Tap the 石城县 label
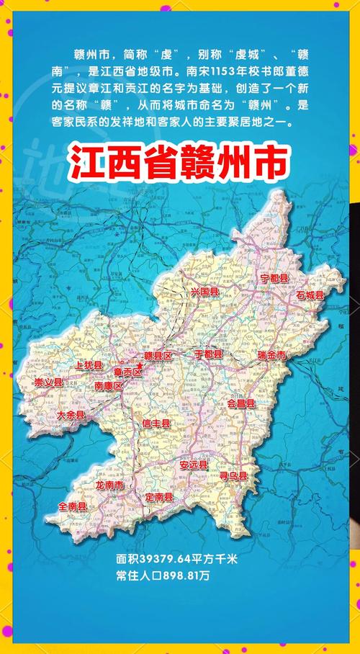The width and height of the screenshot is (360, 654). [310, 295]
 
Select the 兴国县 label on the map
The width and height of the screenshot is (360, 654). [204, 292]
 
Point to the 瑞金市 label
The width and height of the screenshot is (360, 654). [272, 356]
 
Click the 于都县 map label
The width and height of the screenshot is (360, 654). [209, 355]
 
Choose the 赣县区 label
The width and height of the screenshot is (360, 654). [158, 356]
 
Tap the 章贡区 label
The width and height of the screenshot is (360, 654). [127, 372]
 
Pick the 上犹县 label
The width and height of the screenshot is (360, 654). [79, 366]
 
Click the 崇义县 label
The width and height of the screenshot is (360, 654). [48, 382]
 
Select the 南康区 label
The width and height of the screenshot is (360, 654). [109, 386]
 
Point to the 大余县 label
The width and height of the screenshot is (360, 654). [71, 416]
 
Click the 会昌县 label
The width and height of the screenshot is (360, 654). [240, 404]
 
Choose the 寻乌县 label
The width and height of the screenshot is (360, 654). [233, 476]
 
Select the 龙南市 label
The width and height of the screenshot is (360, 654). [109, 485]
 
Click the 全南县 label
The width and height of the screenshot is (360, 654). [73, 507]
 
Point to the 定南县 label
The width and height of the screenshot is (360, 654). [158, 498]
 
